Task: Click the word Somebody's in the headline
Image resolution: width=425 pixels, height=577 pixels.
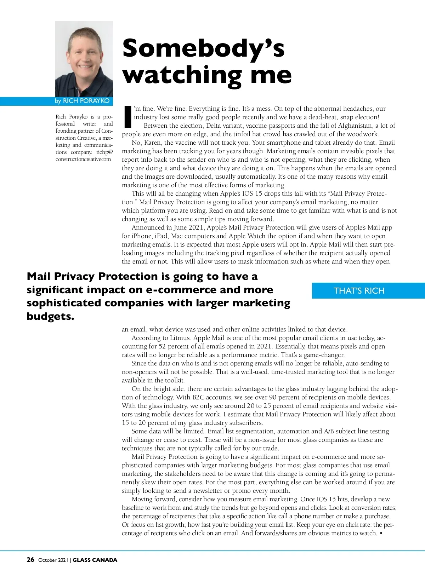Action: point(203,48)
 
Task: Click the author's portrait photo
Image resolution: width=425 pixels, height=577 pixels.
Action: point(84,59)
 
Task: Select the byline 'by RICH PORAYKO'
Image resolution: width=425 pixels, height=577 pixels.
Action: point(82,101)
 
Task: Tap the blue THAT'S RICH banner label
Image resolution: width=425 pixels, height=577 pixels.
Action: point(359,291)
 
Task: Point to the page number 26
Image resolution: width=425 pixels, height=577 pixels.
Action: point(30,559)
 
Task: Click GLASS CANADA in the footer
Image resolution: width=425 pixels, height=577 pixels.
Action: point(95,560)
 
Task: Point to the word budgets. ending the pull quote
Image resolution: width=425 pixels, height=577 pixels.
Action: point(50,316)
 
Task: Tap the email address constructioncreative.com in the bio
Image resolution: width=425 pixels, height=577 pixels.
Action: point(83,159)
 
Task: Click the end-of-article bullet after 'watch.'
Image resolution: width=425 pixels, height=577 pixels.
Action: point(381,533)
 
